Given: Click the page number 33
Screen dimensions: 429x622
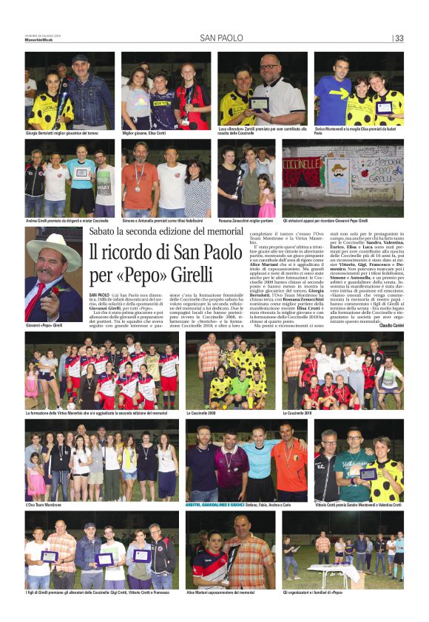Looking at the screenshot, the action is [399, 38].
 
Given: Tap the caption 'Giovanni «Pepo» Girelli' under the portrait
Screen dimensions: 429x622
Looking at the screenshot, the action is [44, 325].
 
